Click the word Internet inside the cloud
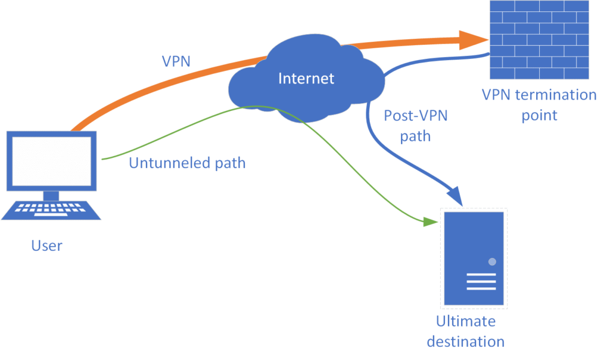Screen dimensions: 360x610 tap(306, 78)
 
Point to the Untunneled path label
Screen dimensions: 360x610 tap(187, 163)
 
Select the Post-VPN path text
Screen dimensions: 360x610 tap(416, 125)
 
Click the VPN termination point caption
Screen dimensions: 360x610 tap(540, 104)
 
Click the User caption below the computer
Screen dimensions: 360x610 tap(46, 245)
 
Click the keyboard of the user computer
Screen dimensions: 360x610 tap(51, 209)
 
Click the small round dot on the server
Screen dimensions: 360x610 tap(492, 262)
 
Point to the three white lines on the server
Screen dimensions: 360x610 tap(481, 281)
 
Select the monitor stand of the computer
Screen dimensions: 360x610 tap(51, 195)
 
